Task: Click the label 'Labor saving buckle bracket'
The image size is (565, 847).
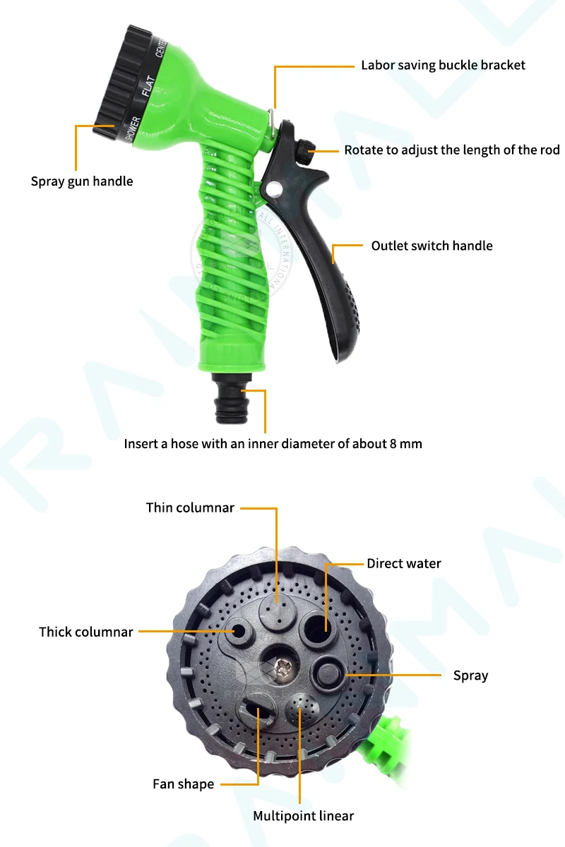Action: click(443, 66)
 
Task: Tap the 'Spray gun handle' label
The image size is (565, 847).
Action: click(82, 181)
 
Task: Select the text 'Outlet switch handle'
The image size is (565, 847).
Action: click(432, 246)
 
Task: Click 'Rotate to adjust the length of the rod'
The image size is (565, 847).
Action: click(452, 150)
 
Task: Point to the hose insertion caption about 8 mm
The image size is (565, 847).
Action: click(273, 444)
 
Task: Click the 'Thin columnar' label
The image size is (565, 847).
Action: click(190, 507)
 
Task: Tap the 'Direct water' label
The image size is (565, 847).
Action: click(403, 563)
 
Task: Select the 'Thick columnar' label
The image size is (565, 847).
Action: click(86, 632)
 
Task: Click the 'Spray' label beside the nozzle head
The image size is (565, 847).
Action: click(470, 675)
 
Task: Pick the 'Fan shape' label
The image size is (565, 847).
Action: click(183, 784)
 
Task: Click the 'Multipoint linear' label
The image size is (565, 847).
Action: click(304, 816)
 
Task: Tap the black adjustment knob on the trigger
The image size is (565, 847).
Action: click(305, 150)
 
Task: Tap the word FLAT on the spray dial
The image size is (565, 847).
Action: click(148, 85)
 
